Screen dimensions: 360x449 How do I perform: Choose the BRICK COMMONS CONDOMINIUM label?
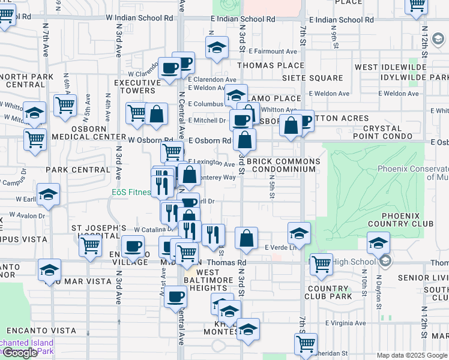point(281,166)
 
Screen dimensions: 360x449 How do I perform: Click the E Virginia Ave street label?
point(345,323)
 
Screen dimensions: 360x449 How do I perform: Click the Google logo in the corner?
point(20,353)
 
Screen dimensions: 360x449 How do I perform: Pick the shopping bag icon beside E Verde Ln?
point(246,238)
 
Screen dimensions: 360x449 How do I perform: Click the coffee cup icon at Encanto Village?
point(133,245)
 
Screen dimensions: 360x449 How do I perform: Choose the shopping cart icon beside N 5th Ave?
point(65,104)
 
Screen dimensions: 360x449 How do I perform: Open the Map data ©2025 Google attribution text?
point(412,355)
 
